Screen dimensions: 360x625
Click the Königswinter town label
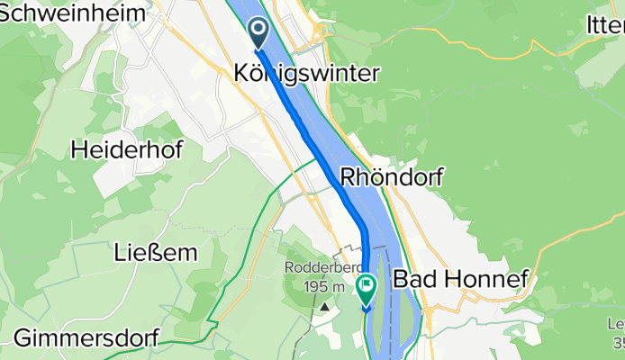(x=306, y=74)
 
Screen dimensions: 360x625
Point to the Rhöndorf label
(x=391, y=177)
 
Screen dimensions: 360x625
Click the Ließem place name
(x=156, y=253)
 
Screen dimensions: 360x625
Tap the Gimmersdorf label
(x=86, y=338)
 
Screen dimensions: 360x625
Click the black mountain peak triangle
(x=323, y=306)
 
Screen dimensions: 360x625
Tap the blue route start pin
(x=258, y=33)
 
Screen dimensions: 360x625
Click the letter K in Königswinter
(x=241, y=74)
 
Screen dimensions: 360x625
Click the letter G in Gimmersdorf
(x=23, y=338)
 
